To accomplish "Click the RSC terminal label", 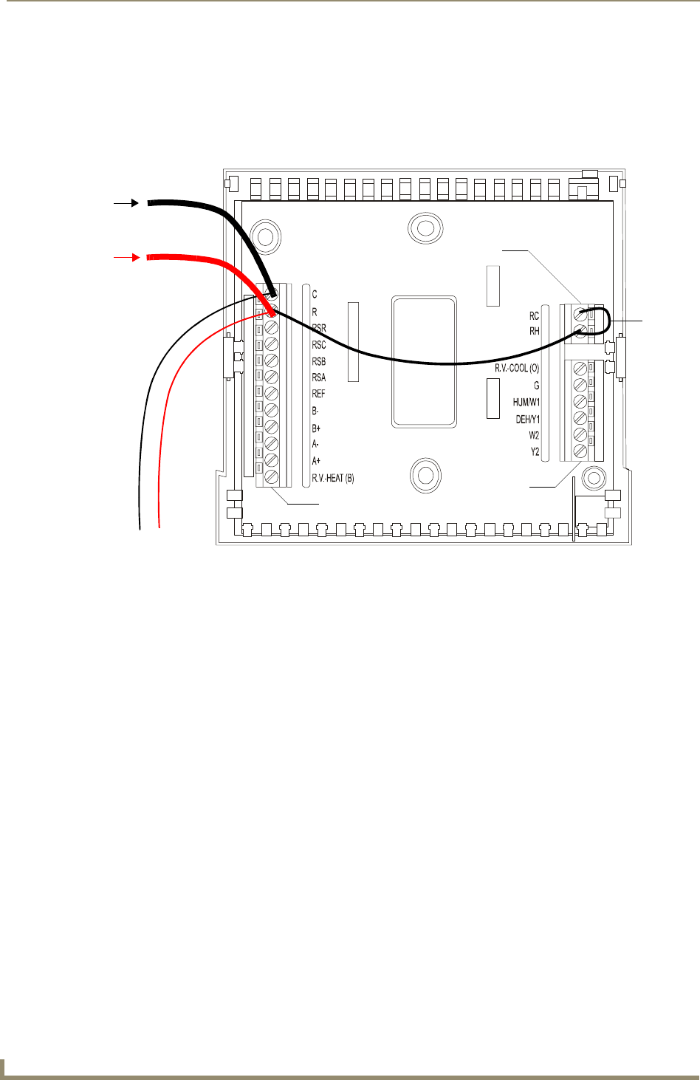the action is point(318,345).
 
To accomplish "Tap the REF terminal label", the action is point(318,394).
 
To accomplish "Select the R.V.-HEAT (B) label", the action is point(333,478).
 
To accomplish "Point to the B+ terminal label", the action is point(316,428).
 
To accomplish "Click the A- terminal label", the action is point(315,444).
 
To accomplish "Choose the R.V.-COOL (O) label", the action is point(517,368).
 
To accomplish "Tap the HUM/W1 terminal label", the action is point(526,403).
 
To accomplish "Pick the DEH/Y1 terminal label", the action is point(527,420).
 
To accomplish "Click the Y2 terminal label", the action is point(535,451).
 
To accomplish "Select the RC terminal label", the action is point(534,316).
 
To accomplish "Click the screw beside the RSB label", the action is point(272,360).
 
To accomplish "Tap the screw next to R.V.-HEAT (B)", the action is point(272,476).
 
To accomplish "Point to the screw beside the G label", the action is point(580,384).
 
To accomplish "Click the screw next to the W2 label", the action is point(580,434).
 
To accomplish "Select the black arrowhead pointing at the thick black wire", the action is point(135,202).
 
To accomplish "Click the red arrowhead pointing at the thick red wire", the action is point(135,257).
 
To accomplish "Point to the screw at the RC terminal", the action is point(580,315).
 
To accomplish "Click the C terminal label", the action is point(315,295).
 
